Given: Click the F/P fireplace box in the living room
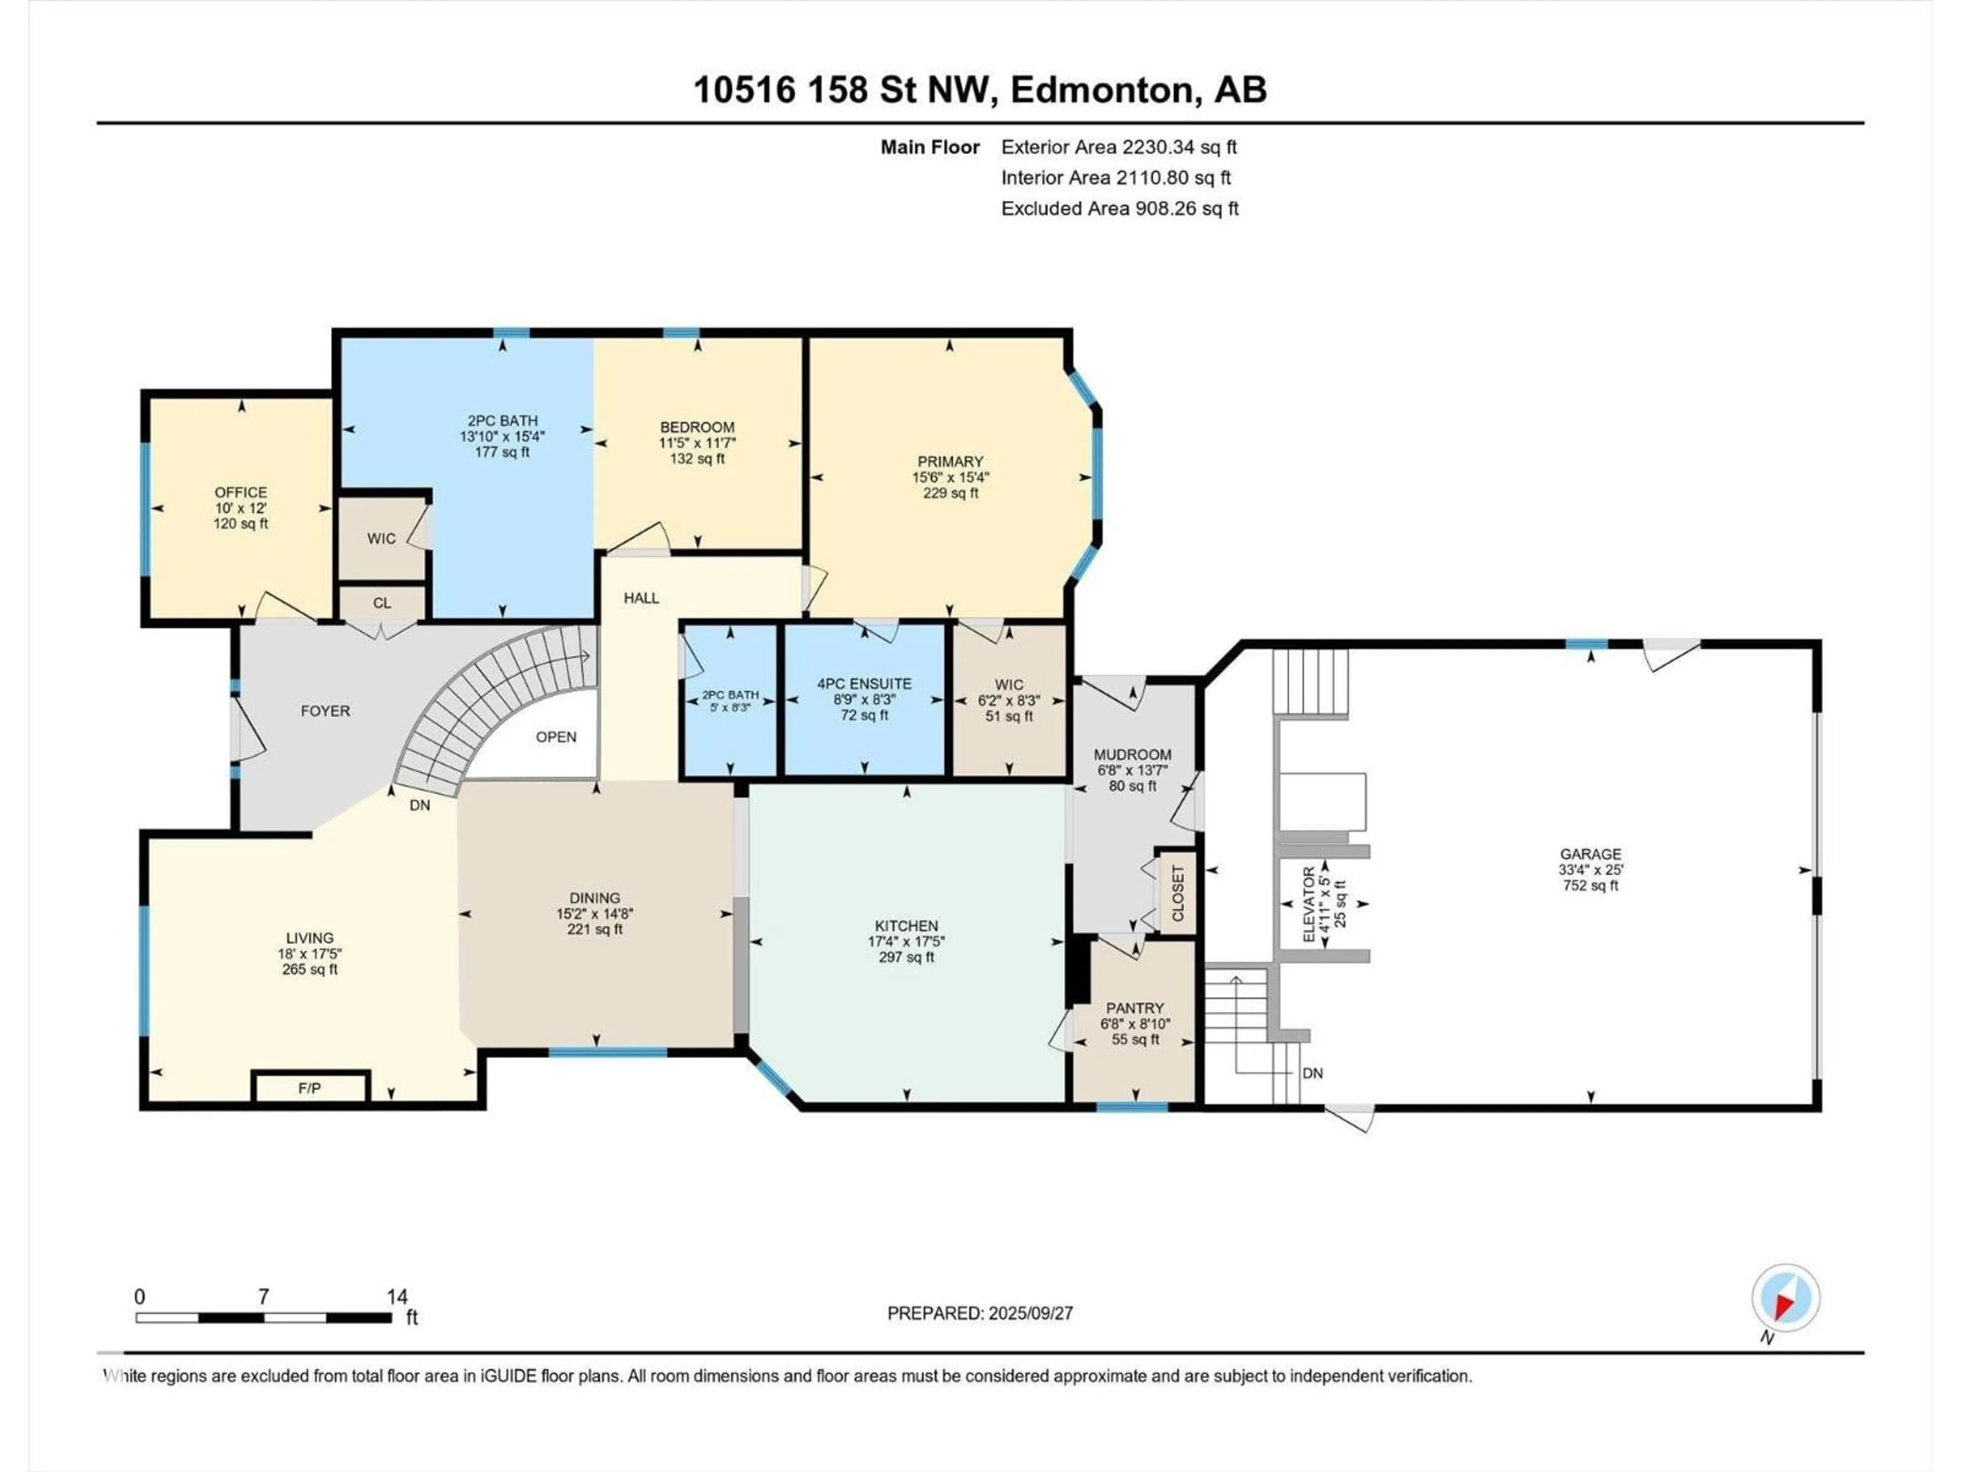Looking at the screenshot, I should click(x=310, y=1088).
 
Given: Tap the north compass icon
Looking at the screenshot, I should click(x=1786, y=1298).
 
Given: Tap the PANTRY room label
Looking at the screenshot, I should click(x=1134, y=1008).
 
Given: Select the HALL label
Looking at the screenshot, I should click(x=641, y=598).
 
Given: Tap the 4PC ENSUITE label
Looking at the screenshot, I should click(x=864, y=684).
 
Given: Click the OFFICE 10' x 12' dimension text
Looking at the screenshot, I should click(x=240, y=509).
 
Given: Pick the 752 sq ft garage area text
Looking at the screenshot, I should click(x=1591, y=886).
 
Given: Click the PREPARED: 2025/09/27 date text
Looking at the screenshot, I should click(x=980, y=1313).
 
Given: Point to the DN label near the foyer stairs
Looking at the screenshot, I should click(x=419, y=806).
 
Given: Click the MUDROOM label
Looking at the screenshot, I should click(x=1133, y=754).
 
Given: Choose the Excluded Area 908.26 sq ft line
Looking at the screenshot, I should click(x=1119, y=209).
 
